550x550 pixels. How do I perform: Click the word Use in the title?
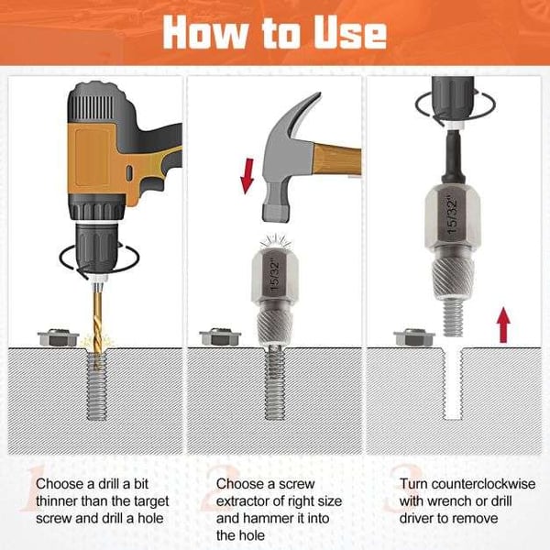350,33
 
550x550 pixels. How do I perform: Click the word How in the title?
206,33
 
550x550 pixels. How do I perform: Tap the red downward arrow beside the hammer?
247,176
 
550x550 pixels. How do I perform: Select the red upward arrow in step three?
503,324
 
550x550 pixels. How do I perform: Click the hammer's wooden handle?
336,159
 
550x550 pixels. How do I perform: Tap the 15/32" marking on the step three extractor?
453,215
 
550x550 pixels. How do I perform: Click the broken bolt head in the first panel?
59,337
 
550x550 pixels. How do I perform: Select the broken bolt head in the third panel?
414,337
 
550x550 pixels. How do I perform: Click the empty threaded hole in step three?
453,384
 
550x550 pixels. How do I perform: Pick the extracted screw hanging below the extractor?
453,318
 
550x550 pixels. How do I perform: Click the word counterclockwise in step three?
484,484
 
